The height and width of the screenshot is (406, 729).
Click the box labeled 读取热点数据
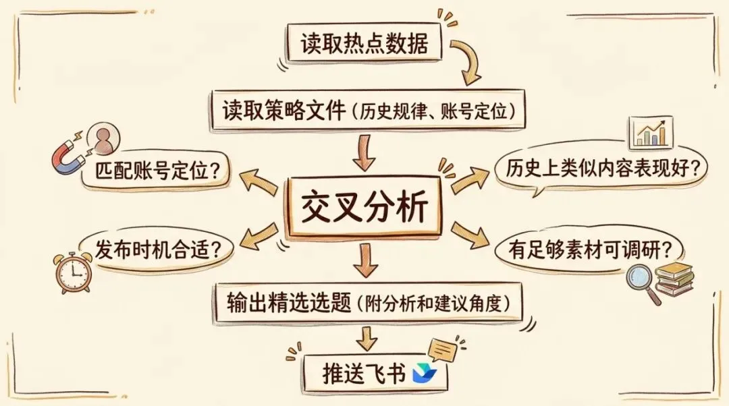pos(364,43)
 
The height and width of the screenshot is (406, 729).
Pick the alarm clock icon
pos(74,272)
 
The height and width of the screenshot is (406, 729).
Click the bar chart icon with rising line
pos(650,133)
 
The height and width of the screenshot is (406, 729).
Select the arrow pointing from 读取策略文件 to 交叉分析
pos(364,152)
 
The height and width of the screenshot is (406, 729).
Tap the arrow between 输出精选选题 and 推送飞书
pos(367,338)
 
